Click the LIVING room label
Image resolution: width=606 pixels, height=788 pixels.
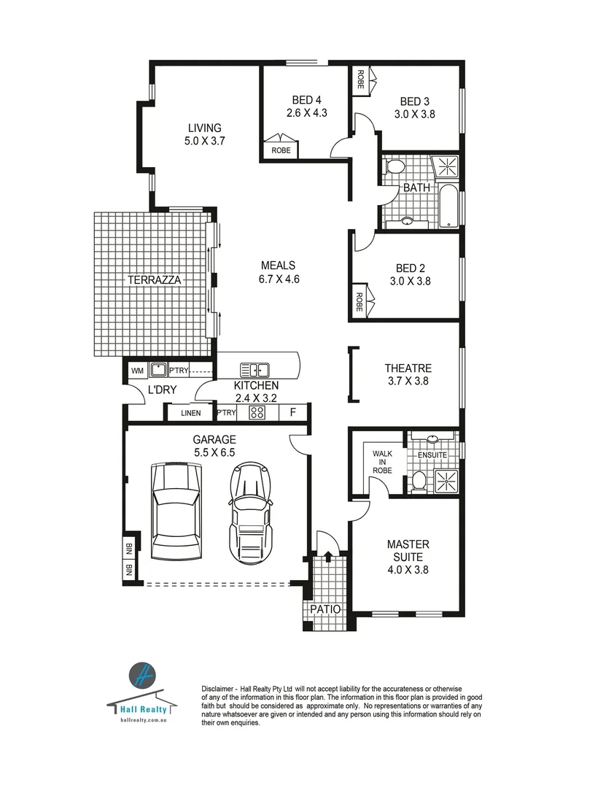(203, 128)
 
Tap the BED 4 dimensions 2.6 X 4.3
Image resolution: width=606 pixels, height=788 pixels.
(306, 113)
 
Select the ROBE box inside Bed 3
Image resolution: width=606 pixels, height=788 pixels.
(360, 79)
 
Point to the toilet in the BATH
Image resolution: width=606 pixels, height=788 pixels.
(395, 166)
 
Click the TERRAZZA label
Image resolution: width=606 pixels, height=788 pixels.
(154, 279)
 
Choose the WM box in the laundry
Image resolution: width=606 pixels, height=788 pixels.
(137, 371)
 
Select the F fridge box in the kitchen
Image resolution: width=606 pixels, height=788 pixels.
(292, 412)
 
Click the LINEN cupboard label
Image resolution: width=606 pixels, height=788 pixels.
(190, 414)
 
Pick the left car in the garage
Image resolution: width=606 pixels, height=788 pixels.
(175, 511)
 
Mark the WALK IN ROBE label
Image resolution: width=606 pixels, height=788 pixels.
(382, 462)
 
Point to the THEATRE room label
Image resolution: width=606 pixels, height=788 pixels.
(408, 368)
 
